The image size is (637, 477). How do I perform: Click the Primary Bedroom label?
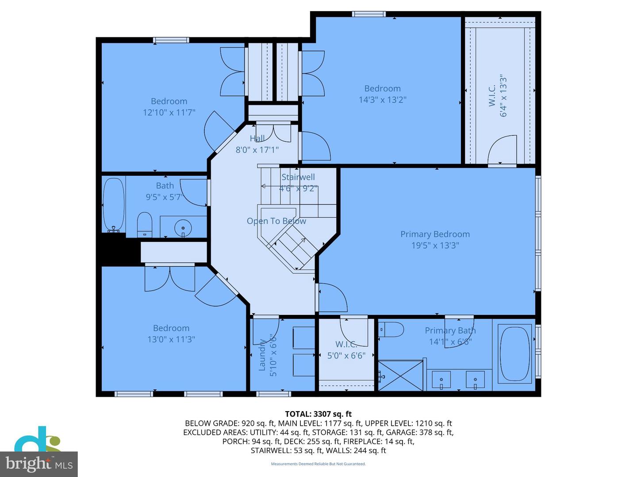click(x=435, y=234)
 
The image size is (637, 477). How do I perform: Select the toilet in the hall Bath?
click(x=145, y=225)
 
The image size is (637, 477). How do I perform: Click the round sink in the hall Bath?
click(x=183, y=227)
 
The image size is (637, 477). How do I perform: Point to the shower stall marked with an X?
click(x=400, y=375)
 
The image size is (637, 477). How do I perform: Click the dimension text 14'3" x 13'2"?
click(x=383, y=100)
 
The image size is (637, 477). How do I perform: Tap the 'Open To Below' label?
click(x=276, y=221)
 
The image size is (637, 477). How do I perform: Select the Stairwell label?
click(x=298, y=177)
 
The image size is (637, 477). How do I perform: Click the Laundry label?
click(x=262, y=355)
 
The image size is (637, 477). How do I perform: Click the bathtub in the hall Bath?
click(x=114, y=205)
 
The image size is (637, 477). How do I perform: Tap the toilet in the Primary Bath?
click(x=391, y=329)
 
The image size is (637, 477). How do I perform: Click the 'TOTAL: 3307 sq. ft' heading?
click(x=318, y=414)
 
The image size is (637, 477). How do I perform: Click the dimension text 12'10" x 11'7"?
click(x=169, y=112)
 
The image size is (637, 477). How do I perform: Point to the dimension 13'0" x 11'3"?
click(x=171, y=339)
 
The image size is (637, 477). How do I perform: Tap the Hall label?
click(x=257, y=138)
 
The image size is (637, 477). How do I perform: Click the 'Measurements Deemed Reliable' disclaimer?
click(x=318, y=464)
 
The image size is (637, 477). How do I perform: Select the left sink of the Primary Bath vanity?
click(x=441, y=379)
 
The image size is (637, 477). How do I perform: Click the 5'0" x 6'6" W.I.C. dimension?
click(x=346, y=356)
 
